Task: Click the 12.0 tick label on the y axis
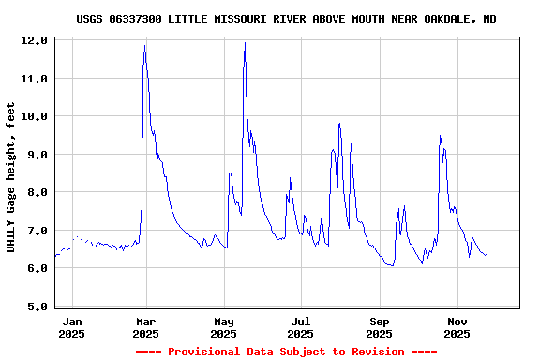point(35,41)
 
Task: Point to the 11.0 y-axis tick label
point(35,79)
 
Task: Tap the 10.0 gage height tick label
point(35,116)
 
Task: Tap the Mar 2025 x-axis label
point(145,327)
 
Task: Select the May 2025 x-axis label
point(223,327)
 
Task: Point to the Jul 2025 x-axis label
point(300,327)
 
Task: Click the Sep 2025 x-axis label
point(379,327)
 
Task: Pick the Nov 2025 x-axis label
point(457,327)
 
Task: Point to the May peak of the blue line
point(245,42)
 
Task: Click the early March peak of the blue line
point(144,45)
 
